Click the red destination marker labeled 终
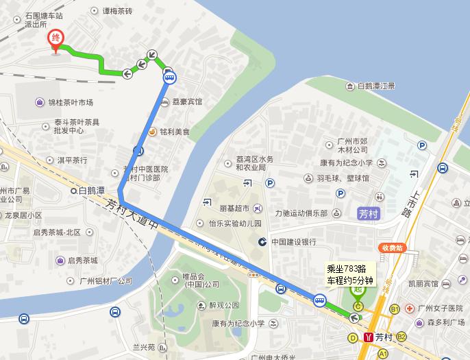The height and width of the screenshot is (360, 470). [x=53, y=38]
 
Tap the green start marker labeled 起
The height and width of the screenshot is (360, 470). [x=357, y=289]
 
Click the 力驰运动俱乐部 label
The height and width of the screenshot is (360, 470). [x=301, y=213]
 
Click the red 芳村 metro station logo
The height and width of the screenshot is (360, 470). [x=369, y=337]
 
